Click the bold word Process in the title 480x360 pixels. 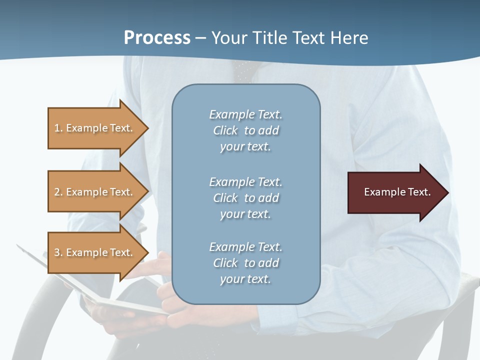click(x=157, y=38)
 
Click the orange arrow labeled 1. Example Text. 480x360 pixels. click(x=95, y=128)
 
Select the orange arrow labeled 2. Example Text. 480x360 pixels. click(x=95, y=192)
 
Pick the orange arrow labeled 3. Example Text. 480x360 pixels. click(x=95, y=252)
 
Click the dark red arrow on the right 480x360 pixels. click(x=395, y=192)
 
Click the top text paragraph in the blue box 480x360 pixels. click(x=245, y=130)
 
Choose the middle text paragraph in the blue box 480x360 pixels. click(x=245, y=198)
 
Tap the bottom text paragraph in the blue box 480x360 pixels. click(x=245, y=263)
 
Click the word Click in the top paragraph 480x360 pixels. click(x=225, y=130)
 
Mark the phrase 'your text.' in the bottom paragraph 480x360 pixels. click(x=245, y=279)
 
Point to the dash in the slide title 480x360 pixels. click(x=200, y=38)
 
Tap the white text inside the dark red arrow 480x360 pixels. click(x=397, y=192)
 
